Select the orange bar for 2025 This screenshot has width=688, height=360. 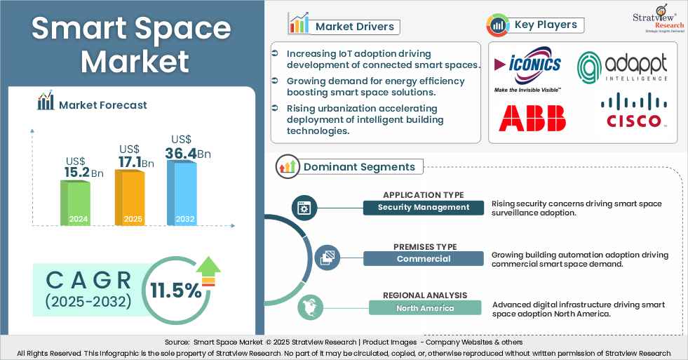pos(133,197)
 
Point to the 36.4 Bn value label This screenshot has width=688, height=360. pos(187,152)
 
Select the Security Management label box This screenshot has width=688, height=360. pos(424,207)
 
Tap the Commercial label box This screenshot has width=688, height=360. pos(424,258)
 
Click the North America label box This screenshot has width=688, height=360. pos(425,307)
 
